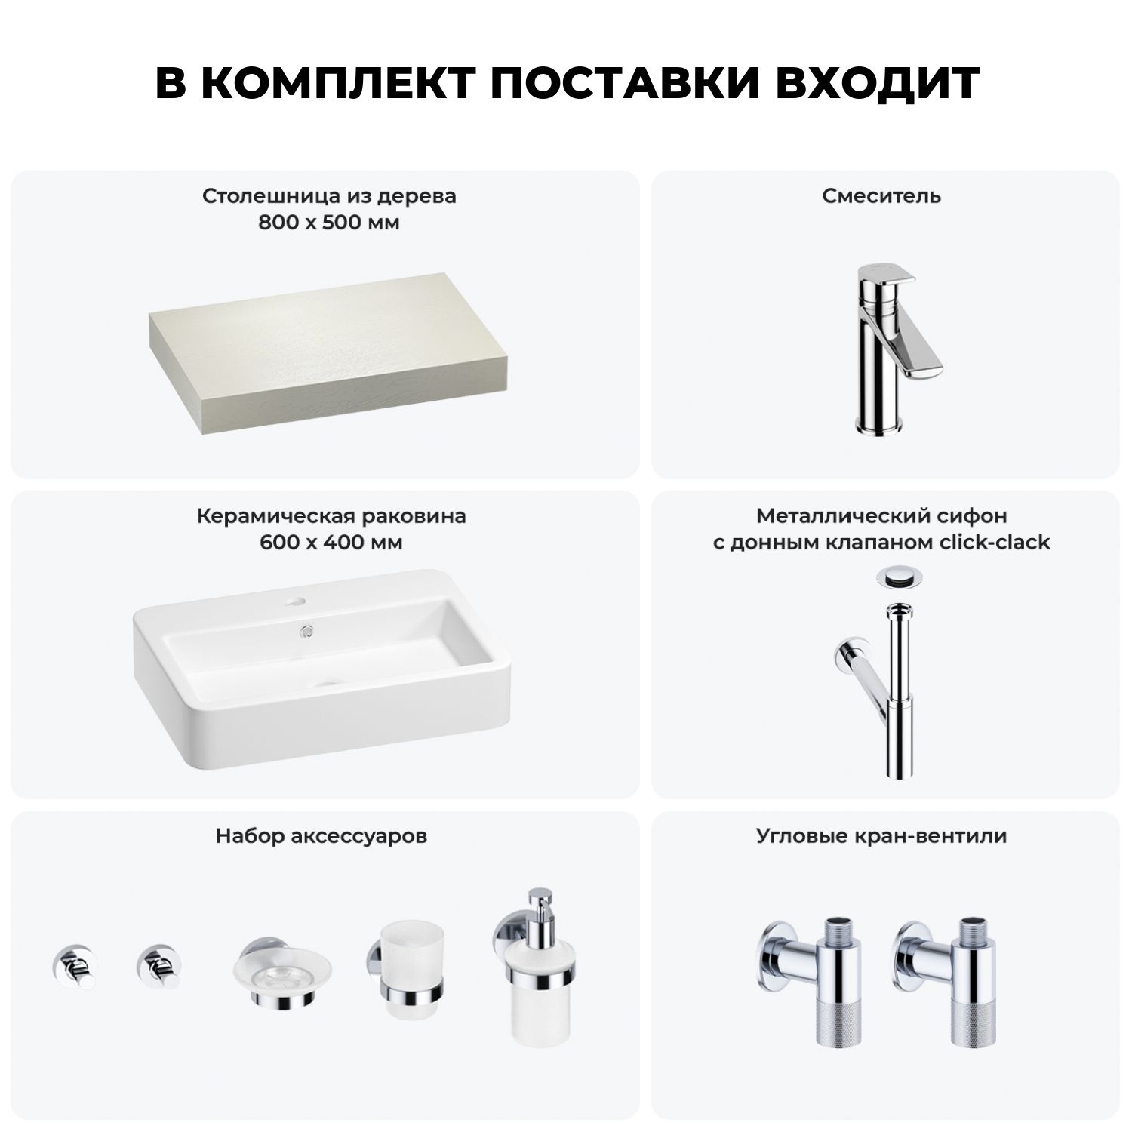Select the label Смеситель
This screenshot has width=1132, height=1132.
881,196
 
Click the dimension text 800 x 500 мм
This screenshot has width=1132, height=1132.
329,223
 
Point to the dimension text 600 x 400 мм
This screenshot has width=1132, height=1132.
331,543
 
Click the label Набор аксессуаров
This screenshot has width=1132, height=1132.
321,836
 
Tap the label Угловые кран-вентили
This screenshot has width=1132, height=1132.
881,836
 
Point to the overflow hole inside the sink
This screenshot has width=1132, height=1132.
306,630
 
